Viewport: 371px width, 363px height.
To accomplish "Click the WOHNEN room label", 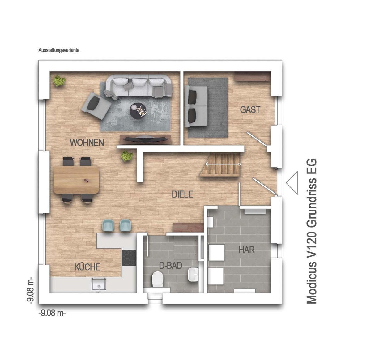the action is pyautogui.click(x=87, y=143).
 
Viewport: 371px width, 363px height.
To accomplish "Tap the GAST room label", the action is pyautogui.click(x=250, y=110).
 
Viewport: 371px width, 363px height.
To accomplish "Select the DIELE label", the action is pyautogui.click(x=182, y=194).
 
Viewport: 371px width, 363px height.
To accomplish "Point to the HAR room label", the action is pyautogui.click(x=247, y=250).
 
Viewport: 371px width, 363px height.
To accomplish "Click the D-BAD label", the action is pyautogui.click(x=171, y=266).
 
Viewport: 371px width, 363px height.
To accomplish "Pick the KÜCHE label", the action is pyautogui.click(x=87, y=267).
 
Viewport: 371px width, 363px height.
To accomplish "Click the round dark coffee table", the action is pyautogui.click(x=138, y=111).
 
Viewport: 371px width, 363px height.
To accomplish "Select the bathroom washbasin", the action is pyautogui.click(x=193, y=274).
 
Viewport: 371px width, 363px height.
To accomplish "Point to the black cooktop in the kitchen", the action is pyautogui.click(x=129, y=258).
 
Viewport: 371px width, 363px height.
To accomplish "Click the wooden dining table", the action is pyautogui.click(x=76, y=180).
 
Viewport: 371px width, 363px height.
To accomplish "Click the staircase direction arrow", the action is pyautogui.click(x=223, y=164).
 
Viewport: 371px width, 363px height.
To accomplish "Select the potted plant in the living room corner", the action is pyautogui.click(x=59, y=81).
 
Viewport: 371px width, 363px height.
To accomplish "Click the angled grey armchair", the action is pyautogui.click(x=96, y=106).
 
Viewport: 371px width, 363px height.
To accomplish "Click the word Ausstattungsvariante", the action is pyautogui.click(x=59, y=50).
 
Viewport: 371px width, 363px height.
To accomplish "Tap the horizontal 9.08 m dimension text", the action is pyautogui.click(x=52, y=313).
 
